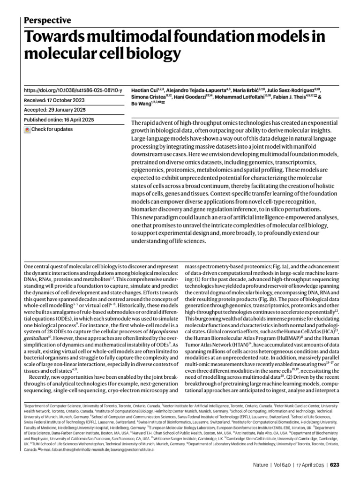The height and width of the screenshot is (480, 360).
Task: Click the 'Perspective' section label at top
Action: [47, 20]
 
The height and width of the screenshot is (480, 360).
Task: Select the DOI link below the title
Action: [73, 90]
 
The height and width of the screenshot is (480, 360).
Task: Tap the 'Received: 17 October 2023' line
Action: [54, 100]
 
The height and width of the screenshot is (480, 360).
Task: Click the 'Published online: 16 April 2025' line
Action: [59, 120]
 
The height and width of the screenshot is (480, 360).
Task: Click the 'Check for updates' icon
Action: [27, 130]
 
